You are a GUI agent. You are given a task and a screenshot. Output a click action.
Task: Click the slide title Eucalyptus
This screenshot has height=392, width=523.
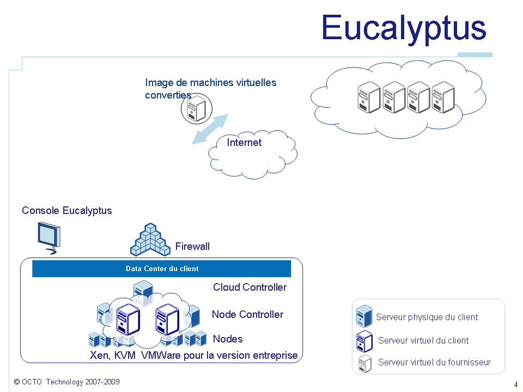coord(403,28)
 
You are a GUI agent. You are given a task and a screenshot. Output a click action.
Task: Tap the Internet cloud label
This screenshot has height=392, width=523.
coord(244,143)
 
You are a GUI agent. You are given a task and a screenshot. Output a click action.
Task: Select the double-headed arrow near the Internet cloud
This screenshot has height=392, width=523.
coord(210,129)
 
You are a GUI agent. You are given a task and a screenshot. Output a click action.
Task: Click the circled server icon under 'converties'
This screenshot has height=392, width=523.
coord(195,109)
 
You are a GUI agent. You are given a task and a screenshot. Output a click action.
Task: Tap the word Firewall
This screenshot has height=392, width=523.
coord(192,247)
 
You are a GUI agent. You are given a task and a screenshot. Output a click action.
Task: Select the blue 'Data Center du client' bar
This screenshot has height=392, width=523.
coord(162,269)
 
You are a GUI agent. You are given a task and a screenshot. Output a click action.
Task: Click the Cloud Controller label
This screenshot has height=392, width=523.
coord(250,287)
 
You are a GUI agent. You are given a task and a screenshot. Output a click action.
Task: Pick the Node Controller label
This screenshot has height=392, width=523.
coord(247,315)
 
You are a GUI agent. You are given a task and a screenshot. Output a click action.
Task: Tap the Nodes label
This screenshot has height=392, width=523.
coord(228,339)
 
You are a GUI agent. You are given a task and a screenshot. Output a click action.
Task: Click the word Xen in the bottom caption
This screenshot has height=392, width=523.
coord(100,356)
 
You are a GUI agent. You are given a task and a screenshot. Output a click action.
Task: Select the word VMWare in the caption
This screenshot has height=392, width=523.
coord(159,356)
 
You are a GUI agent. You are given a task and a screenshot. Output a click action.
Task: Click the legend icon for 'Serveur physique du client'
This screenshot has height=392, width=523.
coord(364,317)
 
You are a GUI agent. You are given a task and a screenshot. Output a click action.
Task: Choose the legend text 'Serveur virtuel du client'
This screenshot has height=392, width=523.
coord(423,341)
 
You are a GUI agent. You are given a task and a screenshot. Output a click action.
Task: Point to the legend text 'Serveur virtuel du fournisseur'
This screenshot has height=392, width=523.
coord(434,363)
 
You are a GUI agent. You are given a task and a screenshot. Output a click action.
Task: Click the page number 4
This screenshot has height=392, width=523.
coord(515,384)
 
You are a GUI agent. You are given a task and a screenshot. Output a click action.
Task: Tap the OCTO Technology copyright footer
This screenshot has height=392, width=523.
coord(67,382)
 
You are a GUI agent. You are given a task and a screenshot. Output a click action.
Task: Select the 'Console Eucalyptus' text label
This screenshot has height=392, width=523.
coord(67,211)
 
